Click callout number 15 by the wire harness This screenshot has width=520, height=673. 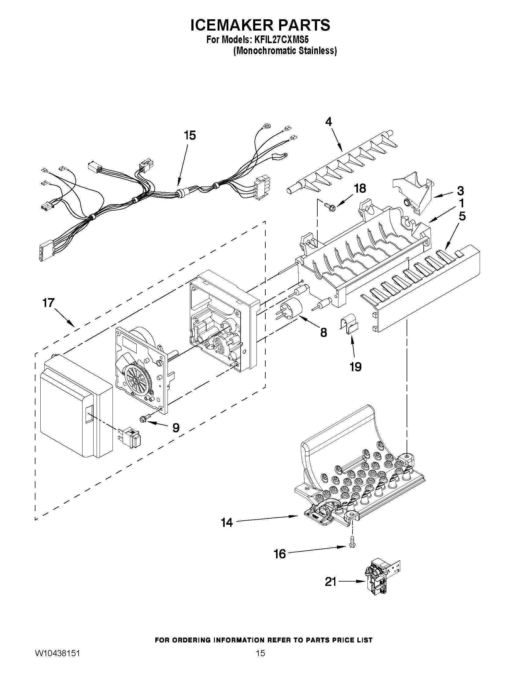coord(190,135)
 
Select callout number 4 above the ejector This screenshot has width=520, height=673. coord(329,122)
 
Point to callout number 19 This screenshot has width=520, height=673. coord(355,367)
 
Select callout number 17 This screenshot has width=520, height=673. coord(48,303)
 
